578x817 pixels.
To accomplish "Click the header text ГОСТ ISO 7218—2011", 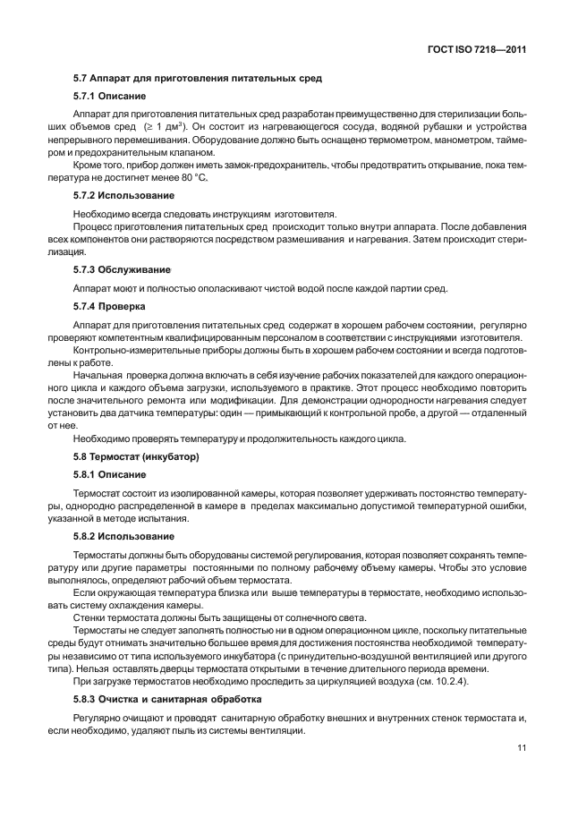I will pyautogui.click(x=476, y=50).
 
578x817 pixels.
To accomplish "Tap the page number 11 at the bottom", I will pyautogui.click(x=520, y=750).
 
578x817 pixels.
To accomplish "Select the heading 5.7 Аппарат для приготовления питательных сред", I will pyautogui.click(x=197, y=80).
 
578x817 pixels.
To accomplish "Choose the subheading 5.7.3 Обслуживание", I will pyautogui.click(x=122, y=269).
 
